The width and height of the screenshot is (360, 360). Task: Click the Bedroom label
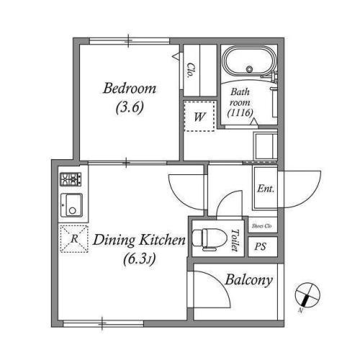tap(130, 89)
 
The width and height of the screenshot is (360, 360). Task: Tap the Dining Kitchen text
tap(139, 240)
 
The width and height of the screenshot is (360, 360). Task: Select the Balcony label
tap(249, 280)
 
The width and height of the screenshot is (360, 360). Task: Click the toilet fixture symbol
tap(210, 239)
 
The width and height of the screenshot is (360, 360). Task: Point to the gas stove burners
tap(71, 179)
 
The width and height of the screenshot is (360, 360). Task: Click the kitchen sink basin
tap(71, 205)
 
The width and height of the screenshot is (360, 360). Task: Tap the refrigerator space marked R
tap(74, 239)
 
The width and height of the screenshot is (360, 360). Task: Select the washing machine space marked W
tap(199, 116)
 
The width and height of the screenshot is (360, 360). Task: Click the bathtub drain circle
tap(250, 69)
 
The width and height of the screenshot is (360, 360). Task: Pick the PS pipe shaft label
tap(261, 246)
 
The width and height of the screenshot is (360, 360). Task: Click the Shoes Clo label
tap(262, 226)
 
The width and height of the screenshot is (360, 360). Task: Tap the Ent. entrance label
tap(266, 189)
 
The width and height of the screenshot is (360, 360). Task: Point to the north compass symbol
tap(307, 294)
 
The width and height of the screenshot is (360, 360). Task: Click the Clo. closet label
tap(191, 71)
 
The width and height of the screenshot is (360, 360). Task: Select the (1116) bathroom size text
tap(240, 112)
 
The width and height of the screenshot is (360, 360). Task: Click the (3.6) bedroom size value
tap(130, 107)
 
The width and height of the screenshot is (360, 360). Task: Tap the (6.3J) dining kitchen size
tap(140, 259)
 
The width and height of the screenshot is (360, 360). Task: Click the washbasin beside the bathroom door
tap(266, 146)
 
